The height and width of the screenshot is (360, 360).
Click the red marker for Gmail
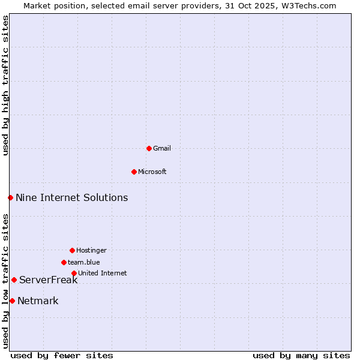point(149,148)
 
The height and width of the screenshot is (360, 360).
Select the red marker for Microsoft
point(134,172)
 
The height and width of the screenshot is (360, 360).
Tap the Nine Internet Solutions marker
point(10,197)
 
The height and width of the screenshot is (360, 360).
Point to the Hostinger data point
point(72,250)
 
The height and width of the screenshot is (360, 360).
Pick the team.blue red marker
point(64,262)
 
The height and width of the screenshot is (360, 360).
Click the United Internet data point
point(74,273)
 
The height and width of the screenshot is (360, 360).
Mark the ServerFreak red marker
point(14,280)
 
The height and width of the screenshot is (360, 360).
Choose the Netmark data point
point(12,301)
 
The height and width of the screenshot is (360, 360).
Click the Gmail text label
point(162,148)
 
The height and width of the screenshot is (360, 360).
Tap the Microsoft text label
point(152,172)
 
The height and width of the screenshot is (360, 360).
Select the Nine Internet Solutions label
point(71,197)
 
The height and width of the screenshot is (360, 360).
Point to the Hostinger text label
point(91,250)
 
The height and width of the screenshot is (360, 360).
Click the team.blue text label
point(84,262)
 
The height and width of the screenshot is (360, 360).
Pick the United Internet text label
point(102,273)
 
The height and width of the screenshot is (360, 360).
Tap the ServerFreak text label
point(48,280)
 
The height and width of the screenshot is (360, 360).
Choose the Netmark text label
point(38,301)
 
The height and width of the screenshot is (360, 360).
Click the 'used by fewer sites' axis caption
point(62,355)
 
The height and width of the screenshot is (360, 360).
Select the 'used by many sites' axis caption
point(301,355)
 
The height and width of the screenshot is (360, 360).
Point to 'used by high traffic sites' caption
point(5,85)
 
